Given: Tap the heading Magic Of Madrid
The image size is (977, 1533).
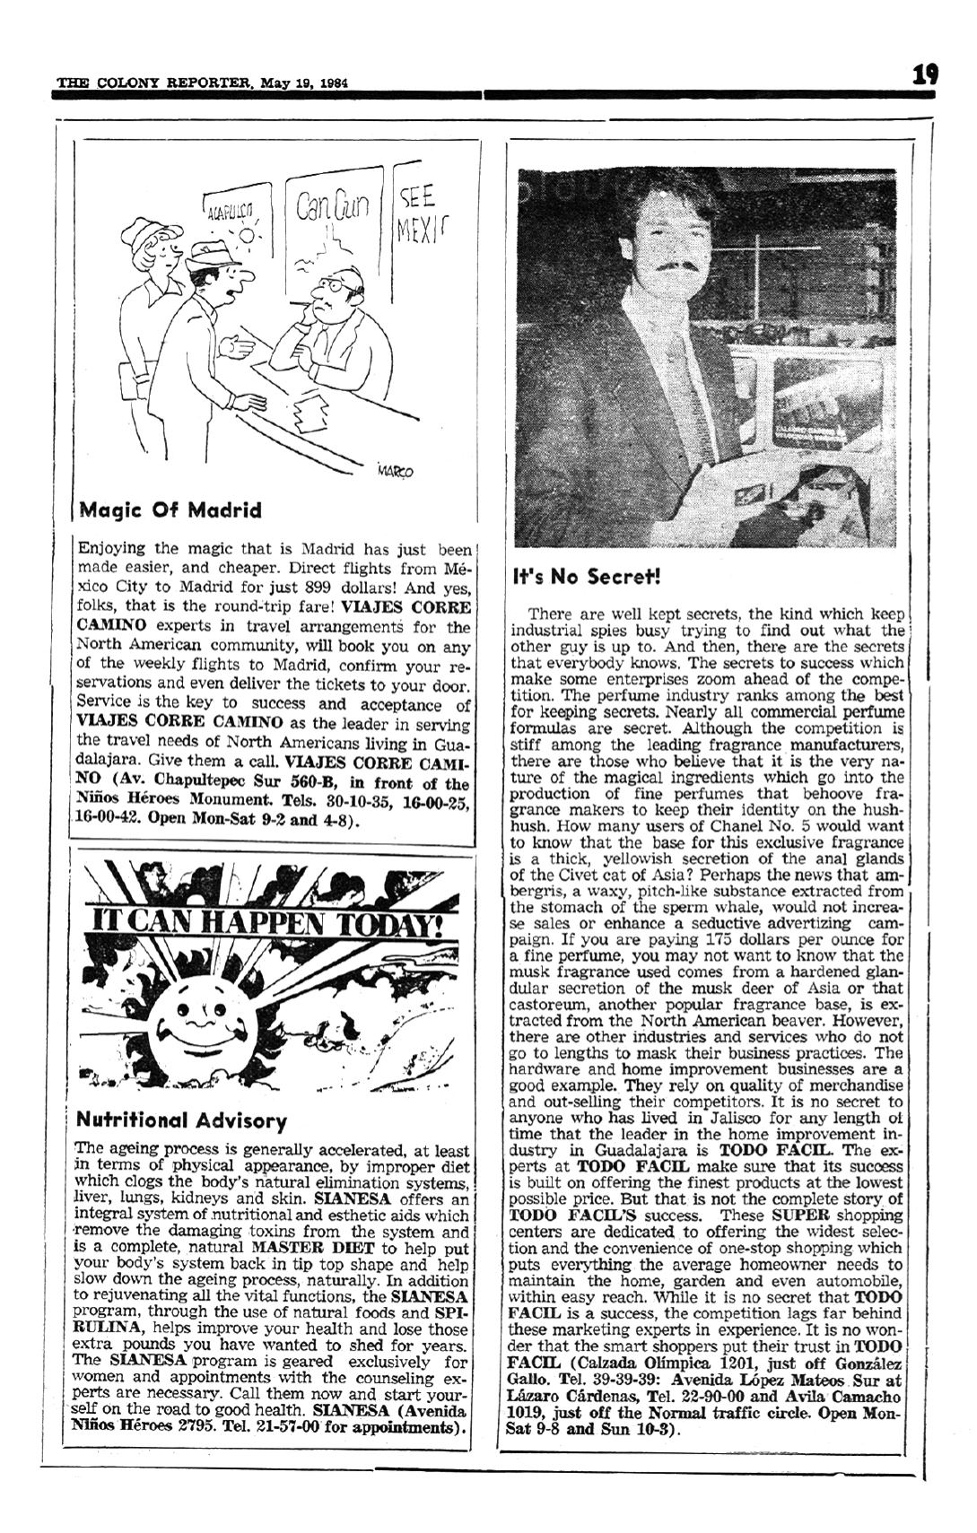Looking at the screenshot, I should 170,510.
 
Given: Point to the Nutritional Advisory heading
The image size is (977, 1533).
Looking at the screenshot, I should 182,1120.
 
